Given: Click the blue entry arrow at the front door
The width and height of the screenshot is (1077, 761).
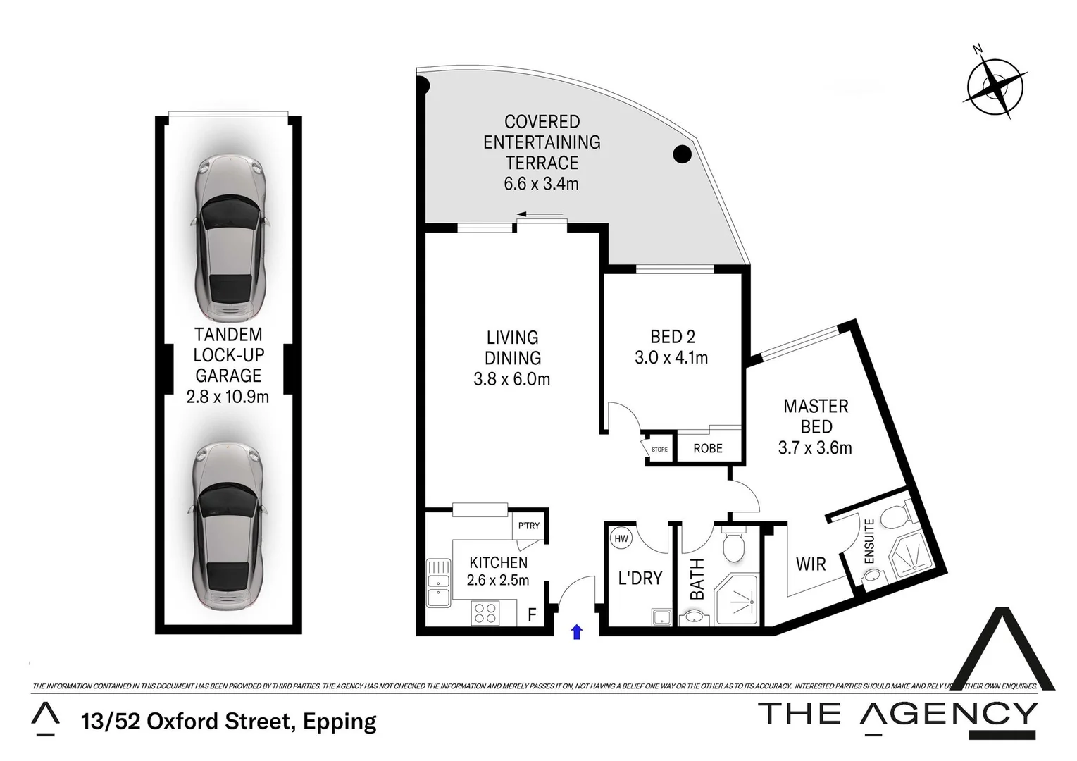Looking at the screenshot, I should [577, 631].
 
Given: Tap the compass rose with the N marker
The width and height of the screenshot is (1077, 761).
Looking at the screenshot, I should [994, 87].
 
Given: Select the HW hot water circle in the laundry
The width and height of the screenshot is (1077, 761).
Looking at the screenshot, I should [621, 539].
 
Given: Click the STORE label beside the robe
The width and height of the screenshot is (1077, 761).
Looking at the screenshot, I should [659, 450].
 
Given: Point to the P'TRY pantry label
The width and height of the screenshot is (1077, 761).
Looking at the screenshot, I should [528, 526].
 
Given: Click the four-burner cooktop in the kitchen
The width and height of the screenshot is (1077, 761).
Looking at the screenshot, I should [485, 612].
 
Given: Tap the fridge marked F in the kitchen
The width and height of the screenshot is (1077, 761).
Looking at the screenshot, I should [532, 614].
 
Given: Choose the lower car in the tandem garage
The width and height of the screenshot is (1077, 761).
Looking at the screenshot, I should [229, 526].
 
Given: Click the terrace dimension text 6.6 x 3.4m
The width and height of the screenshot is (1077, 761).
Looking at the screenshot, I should [541, 184].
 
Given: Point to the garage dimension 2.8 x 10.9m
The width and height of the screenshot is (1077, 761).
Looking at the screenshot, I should [228, 397].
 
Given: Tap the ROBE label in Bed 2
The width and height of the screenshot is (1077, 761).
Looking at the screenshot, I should [708, 449].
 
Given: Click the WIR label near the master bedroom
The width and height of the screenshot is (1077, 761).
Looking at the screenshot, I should [810, 564].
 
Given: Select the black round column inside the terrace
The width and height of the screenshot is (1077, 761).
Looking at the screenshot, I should [681, 154].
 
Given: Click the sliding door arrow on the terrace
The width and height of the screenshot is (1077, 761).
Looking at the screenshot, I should [540, 214].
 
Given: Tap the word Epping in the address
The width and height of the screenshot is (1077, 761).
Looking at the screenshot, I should [340, 722].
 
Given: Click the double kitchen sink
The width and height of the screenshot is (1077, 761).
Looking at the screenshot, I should [437, 582].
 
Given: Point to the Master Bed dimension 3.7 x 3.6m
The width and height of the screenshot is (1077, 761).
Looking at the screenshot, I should [815, 447].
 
